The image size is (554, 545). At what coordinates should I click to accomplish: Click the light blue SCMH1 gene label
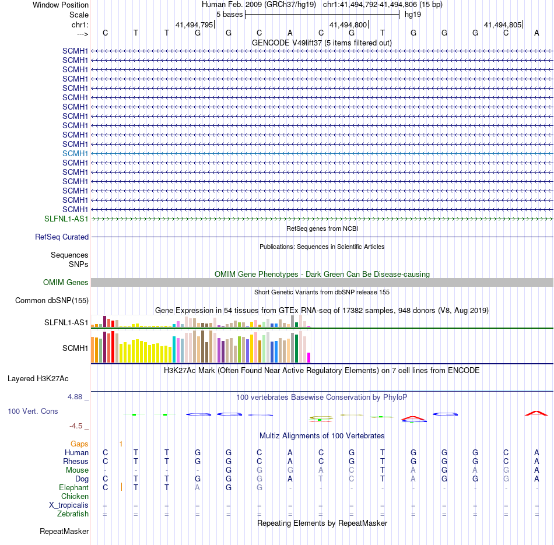[x=75, y=153]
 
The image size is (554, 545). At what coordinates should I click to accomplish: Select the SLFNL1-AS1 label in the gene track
[x=66, y=219]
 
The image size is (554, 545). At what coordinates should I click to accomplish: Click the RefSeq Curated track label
[x=62, y=237]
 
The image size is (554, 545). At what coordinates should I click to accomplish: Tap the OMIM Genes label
[x=66, y=283]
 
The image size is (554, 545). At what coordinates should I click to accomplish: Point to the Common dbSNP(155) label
[x=52, y=301]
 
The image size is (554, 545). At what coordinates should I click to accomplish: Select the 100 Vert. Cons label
[x=33, y=412]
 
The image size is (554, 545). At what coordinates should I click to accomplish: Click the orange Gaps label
[x=79, y=444]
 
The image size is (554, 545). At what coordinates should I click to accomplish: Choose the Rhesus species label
[x=76, y=462]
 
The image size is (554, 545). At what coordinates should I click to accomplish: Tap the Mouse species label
[x=77, y=470]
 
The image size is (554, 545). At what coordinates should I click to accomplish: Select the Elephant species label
[x=73, y=488]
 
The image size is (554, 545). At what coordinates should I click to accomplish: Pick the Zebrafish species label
[x=73, y=514]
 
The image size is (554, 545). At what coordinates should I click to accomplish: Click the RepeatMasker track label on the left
[x=64, y=532]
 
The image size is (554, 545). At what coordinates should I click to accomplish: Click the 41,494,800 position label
[x=348, y=25]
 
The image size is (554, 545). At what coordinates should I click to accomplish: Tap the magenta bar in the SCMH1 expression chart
[x=309, y=357]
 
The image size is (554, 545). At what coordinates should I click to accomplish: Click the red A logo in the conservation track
[x=537, y=413]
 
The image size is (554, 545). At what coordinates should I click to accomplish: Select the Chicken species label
[x=75, y=497]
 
